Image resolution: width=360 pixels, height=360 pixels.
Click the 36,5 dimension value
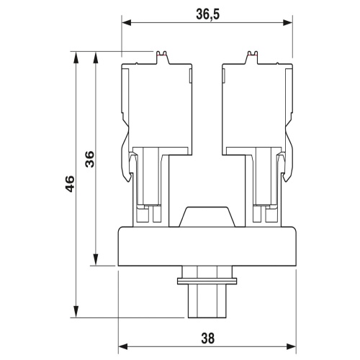coord(208,15)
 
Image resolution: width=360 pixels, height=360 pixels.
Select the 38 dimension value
coord(208,338)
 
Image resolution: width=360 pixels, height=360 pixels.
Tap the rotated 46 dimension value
coord(70,184)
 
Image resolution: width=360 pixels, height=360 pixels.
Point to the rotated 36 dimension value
coord(90,159)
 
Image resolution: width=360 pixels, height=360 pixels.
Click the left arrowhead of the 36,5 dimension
coord(127,23)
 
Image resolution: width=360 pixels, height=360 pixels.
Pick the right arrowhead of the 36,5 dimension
coord(288,23)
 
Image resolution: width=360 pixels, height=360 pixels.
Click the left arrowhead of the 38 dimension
coord(123,346)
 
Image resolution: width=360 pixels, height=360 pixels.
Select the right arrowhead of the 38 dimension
coord(292,346)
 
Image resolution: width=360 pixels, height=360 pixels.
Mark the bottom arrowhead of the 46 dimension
coord(76,312)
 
